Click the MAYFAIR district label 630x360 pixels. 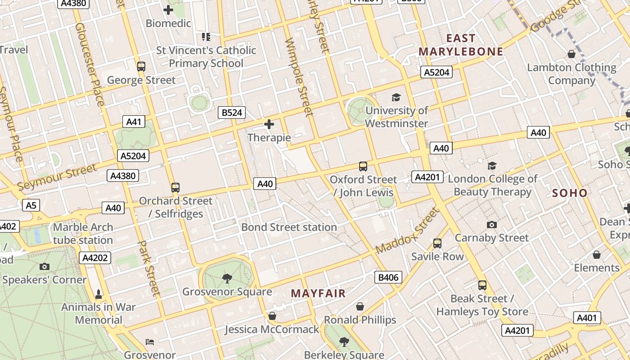pos(318,293)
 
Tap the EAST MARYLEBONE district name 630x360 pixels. pos(461,45)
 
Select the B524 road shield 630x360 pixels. pos(232,112)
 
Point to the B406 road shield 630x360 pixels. pos(388,277)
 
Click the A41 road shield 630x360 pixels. pos(134,121)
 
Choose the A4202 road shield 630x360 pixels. pos(94,258)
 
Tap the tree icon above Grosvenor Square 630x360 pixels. pos(227,279)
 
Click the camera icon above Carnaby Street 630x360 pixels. pos(492,225)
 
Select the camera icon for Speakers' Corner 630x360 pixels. pos(44,266)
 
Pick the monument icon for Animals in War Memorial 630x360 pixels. pos(99,294)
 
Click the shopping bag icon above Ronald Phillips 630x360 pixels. pos(360,307)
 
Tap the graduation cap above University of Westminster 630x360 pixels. pos(396,97)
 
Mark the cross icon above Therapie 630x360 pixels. pos(269,124)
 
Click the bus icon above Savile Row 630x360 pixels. pos(437,243)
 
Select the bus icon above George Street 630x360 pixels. pos(141,67)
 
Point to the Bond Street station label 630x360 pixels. pos(289,227)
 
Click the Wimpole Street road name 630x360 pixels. pos(299,76)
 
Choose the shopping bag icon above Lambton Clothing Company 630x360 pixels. pos(571,54)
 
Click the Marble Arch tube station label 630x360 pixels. pos(83,234)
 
